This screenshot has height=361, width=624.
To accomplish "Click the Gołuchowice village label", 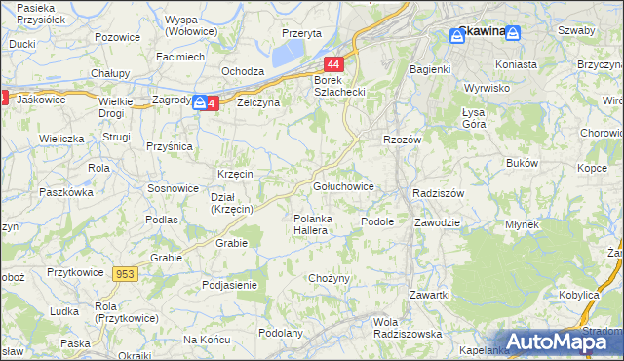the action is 342,186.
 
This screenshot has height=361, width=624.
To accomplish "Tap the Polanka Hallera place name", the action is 317,223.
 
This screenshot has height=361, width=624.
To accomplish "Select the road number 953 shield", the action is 124,275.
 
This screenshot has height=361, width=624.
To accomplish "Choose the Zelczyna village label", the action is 257,102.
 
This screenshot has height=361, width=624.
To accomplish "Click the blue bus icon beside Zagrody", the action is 200,102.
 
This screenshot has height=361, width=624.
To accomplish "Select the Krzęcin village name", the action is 236,174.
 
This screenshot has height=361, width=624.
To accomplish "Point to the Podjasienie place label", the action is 229,285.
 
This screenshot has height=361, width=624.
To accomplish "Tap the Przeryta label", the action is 301,33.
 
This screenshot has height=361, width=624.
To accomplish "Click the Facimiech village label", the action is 180,57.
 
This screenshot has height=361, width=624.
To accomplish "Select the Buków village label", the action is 521,163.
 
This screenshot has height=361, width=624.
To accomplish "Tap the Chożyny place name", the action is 329,279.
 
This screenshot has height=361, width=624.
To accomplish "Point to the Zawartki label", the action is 429,295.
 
